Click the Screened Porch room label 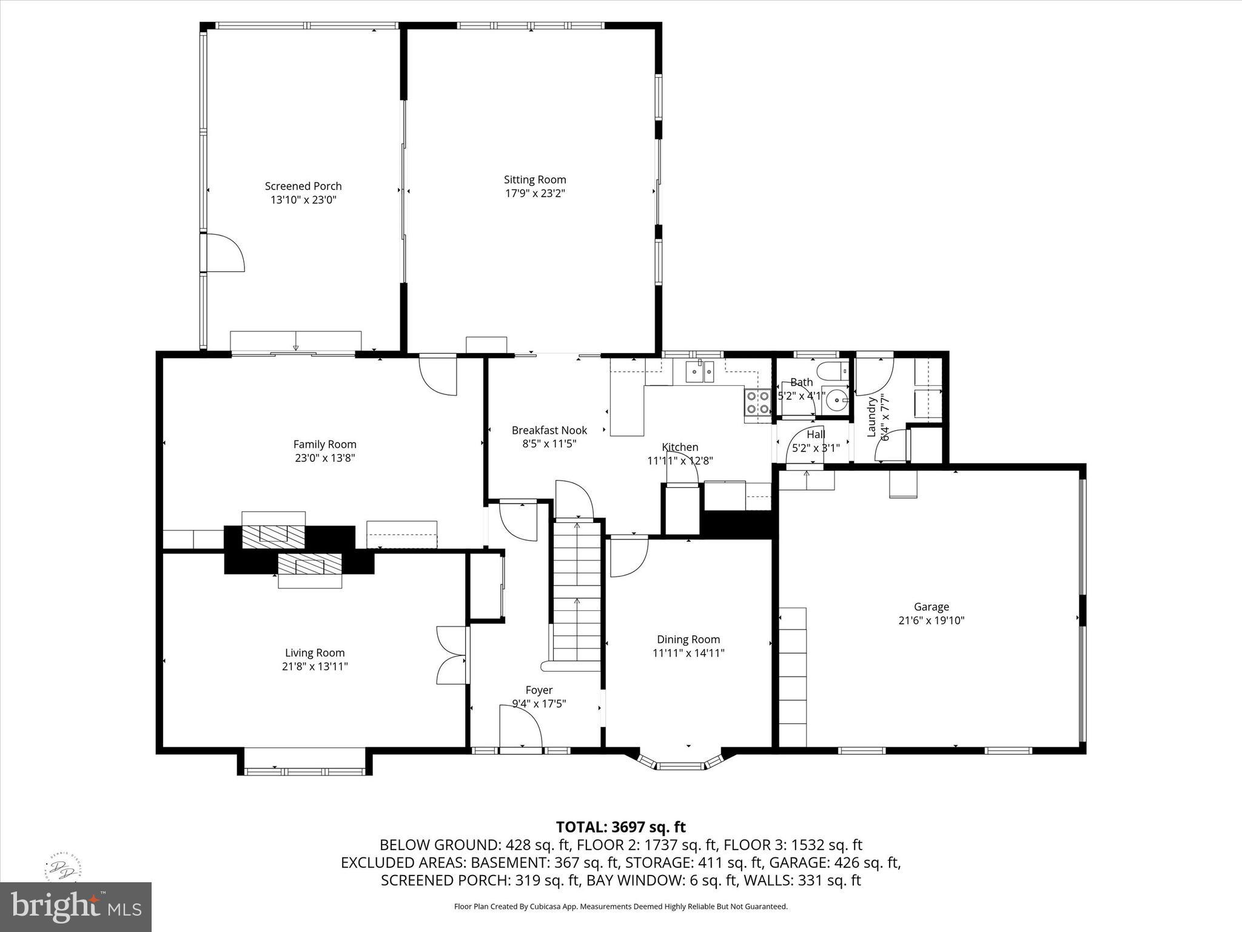[x=303, y=186]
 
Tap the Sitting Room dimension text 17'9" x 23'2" [x=535, y=194]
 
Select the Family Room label [x=325, y=444]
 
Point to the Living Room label [x=315, y=653]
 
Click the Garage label [x=931, y=607]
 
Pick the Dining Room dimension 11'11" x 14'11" [x=688, y=653]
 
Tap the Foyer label [x=539, y=690]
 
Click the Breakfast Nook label [x=549, y=430]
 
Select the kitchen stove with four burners [x=757, y=402]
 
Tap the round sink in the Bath [x=838, y=400]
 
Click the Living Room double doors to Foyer [x=451, y=655]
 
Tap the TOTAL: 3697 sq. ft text [x=620, y=827]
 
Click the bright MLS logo [x=76, y=907]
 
